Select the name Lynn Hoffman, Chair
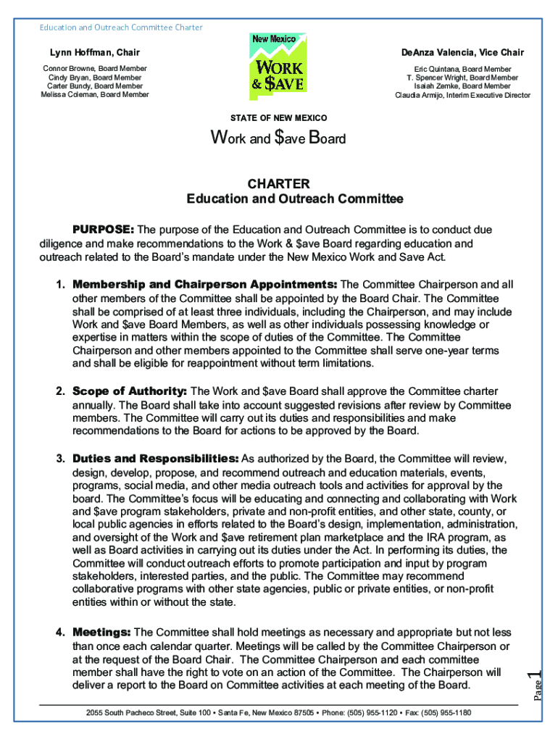tap(94, 53)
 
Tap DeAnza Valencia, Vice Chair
tap(462, 53)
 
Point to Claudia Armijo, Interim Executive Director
tap(462, 95)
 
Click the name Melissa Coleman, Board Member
tap(94, 94)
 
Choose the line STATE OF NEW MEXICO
tap(278, 118)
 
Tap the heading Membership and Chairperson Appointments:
tap(204, 283)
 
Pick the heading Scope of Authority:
tap(130, 391)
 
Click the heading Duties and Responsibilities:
tap(155, 459)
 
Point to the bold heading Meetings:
tap(101, 633)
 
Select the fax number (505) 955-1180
tap(445, 713)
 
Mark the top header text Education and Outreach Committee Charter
tap(120, 28)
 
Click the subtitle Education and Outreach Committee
tap(294, 199)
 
